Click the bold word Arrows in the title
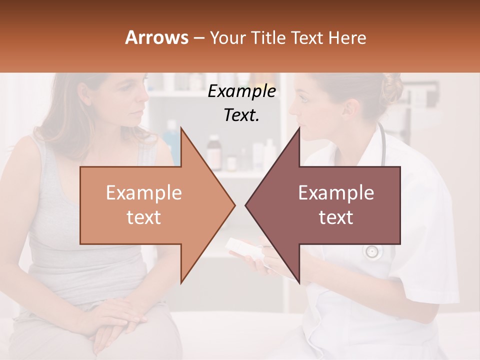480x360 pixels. [157, 37]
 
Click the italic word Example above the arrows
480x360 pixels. [241, 91]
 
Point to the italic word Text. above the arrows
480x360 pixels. [241, 115]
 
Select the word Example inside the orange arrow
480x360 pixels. [144, 193]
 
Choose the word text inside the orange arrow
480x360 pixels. [144, 217]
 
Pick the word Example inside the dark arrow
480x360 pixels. [336, 193]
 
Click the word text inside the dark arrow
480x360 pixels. [336, 217]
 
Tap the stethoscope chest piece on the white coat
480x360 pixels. [372, 251]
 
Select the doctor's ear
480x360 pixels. [350, 107]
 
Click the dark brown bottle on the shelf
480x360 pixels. [214, 150]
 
